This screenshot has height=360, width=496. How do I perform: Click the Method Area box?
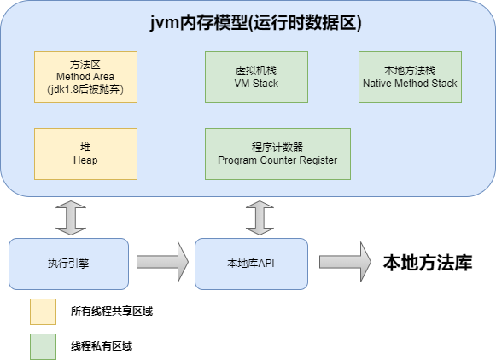[85, 78]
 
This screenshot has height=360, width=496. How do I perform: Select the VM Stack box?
[256, 78]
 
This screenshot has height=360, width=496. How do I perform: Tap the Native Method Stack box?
[410, 78]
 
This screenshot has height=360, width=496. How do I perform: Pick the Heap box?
[85, 154]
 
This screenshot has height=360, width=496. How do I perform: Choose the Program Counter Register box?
[277, 154]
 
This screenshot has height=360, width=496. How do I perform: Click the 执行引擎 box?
[68, 264]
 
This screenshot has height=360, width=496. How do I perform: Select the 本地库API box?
[251, 264]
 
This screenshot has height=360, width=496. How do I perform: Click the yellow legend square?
[43, 311]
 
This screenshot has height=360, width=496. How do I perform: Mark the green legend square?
[43, 345]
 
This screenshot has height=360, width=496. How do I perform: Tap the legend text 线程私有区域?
[102, 346]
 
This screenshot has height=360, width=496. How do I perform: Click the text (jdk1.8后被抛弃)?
[85, 90]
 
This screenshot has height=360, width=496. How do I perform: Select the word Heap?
[85, 160]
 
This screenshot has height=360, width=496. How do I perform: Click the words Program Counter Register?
[277, 160]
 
